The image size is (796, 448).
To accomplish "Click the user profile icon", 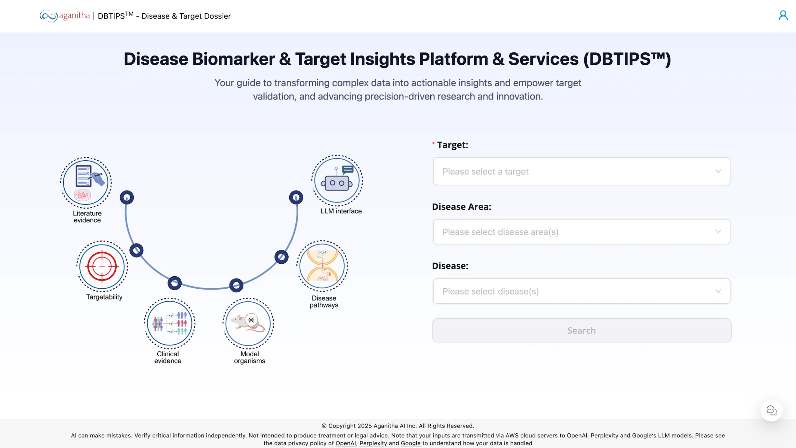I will tap(783, 16).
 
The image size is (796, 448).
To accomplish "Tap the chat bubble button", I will tap(771, 410).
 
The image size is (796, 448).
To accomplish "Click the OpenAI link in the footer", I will tap(345, 443).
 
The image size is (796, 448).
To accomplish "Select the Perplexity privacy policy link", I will tap(373, 443).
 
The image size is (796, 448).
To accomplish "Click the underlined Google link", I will tap(410, 443).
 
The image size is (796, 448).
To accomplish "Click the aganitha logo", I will tap(65, 16).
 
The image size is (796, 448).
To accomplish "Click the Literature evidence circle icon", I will tap(86, 183).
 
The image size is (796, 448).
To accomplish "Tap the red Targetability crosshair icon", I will tap(102, 266).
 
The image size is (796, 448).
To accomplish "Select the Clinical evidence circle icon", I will tap(169, 323).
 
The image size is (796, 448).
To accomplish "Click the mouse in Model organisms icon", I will tap(248, 323).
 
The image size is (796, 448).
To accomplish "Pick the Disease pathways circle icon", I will tap(322, 266).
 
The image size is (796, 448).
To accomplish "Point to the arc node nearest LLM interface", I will tap(296, 197).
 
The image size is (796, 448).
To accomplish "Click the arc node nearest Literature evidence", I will tap(127, 197).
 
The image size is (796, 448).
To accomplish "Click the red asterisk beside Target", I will tap(433, 144).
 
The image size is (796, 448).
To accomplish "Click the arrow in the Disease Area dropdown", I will tap(718, 232).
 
